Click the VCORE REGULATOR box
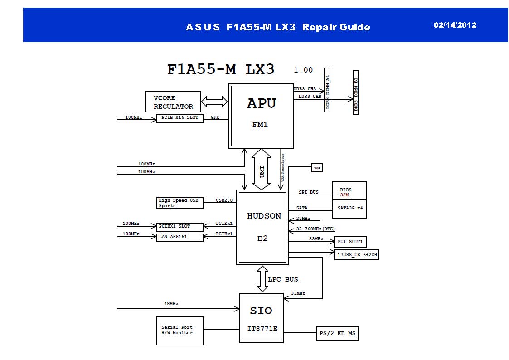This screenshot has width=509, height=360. tap(173, 102)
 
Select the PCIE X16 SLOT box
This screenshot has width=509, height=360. tap(179, 118)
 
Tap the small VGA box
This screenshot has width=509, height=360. tap(317, 168)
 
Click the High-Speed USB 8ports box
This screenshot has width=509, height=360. tap(179, 203)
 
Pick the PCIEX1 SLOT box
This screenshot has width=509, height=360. tap(179, 226)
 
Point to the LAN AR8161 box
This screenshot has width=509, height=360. tap(179, 237)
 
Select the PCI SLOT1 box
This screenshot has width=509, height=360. tap(350, 242)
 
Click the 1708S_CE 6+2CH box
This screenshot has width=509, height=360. tap(357, 255)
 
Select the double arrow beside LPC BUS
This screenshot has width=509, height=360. tap(262, 279)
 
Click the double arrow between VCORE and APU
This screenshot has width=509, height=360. tap(214, 102)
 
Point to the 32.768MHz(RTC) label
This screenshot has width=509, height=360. tap(315, 229)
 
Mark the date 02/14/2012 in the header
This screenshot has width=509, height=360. tap(455, 25)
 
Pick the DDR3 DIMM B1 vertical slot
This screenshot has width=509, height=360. tap(356, 92)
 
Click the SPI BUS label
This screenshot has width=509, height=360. tap(309, 192)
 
